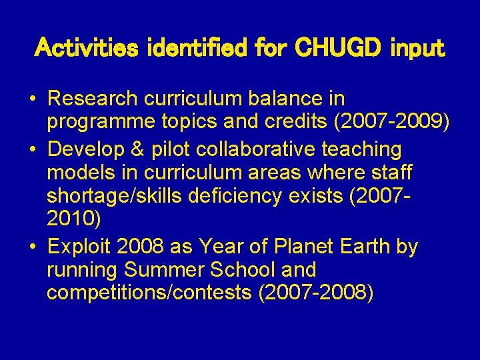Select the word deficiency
(242, 198)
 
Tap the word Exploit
(79, 247)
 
